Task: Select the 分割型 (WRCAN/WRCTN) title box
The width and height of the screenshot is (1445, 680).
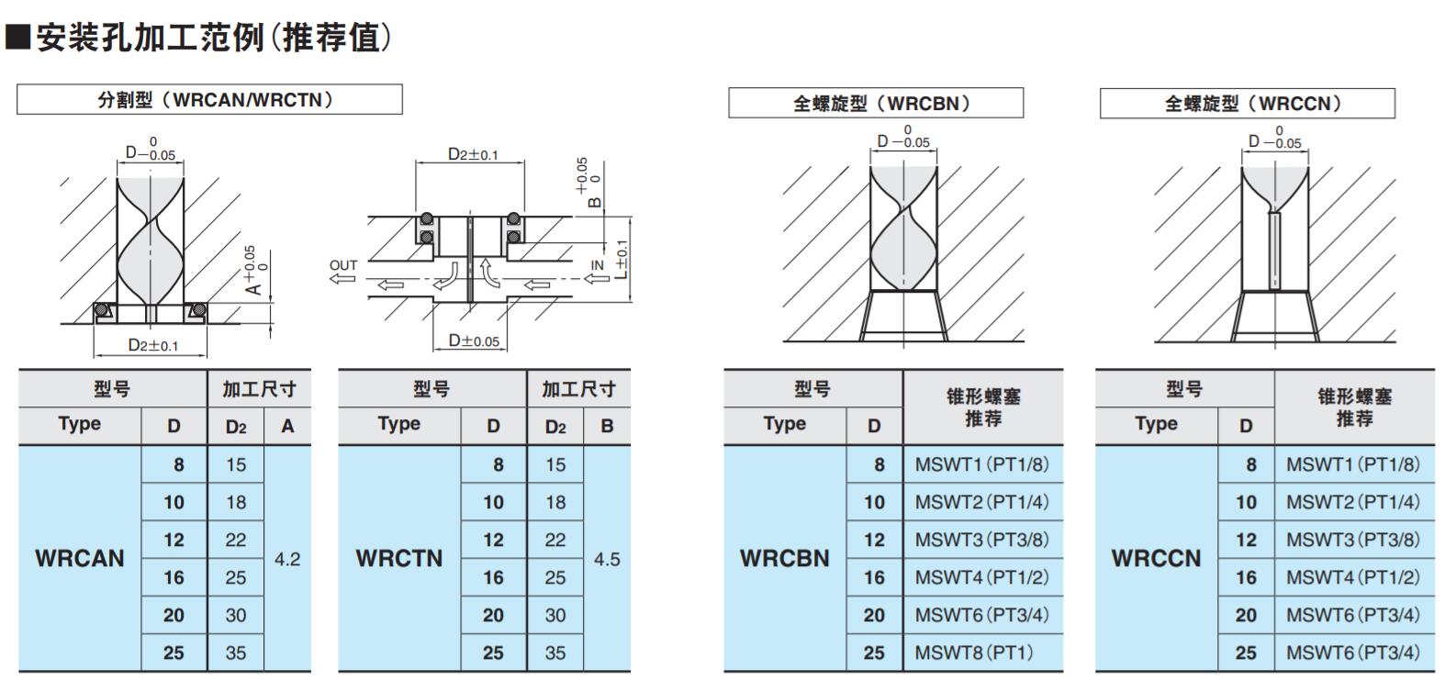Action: tap(209, 99)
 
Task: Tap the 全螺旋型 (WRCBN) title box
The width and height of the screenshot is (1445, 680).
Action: tap(876, 103)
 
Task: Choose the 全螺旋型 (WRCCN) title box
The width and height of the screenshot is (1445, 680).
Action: tap(1247, 103)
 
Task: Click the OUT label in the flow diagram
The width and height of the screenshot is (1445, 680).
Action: tap(343, 265)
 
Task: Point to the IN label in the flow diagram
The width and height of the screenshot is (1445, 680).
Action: tap(598, 265)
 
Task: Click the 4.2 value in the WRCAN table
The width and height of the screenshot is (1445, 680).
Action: tap(287, 559)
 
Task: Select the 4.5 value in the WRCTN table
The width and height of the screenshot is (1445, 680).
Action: tap(607, 559)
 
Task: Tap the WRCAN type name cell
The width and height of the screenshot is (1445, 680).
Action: tap(80, 558)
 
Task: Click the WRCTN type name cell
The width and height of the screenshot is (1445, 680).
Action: tap(399, 558)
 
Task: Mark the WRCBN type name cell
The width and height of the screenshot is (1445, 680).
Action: tap(785, 558)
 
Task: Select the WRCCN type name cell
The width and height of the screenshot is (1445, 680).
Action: tap(1156, 558)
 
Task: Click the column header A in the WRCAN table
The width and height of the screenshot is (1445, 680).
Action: tap(287, 426)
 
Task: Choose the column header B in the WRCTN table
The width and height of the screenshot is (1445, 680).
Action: tap(607, 426)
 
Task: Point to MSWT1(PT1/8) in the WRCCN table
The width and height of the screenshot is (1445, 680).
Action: tap(1353, 464)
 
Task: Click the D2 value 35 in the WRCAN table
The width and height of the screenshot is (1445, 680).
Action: tap(236, 653)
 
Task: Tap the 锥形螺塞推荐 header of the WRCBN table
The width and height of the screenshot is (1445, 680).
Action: tap(983, 407)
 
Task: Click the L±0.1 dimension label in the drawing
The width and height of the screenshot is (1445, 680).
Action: tap(622, 259)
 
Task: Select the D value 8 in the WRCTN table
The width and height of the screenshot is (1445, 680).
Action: tap(498, 464)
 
